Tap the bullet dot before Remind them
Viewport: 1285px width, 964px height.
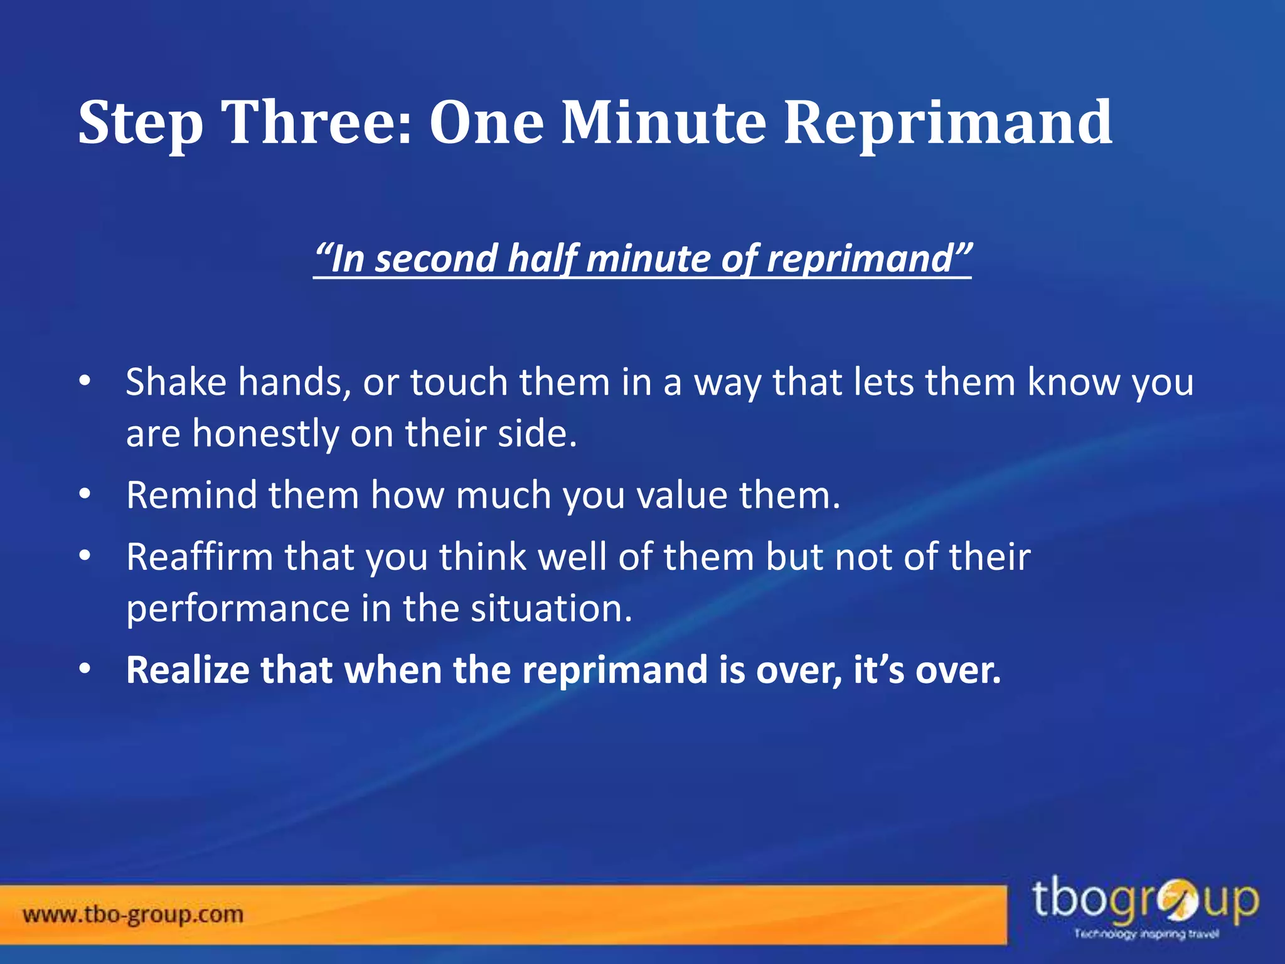tap(85, 495)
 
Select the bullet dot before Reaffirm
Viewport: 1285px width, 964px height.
tap(85, 556)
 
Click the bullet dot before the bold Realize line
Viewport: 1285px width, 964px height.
tap(85, 669)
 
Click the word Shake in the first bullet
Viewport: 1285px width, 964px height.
tap(176, 382)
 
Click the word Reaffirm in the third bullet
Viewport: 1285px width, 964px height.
tap(200, 556)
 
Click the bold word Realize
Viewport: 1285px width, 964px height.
tap(188, 670)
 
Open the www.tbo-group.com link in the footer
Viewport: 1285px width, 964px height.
tap(133, 914)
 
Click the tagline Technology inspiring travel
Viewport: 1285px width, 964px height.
tap(1146, 935)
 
